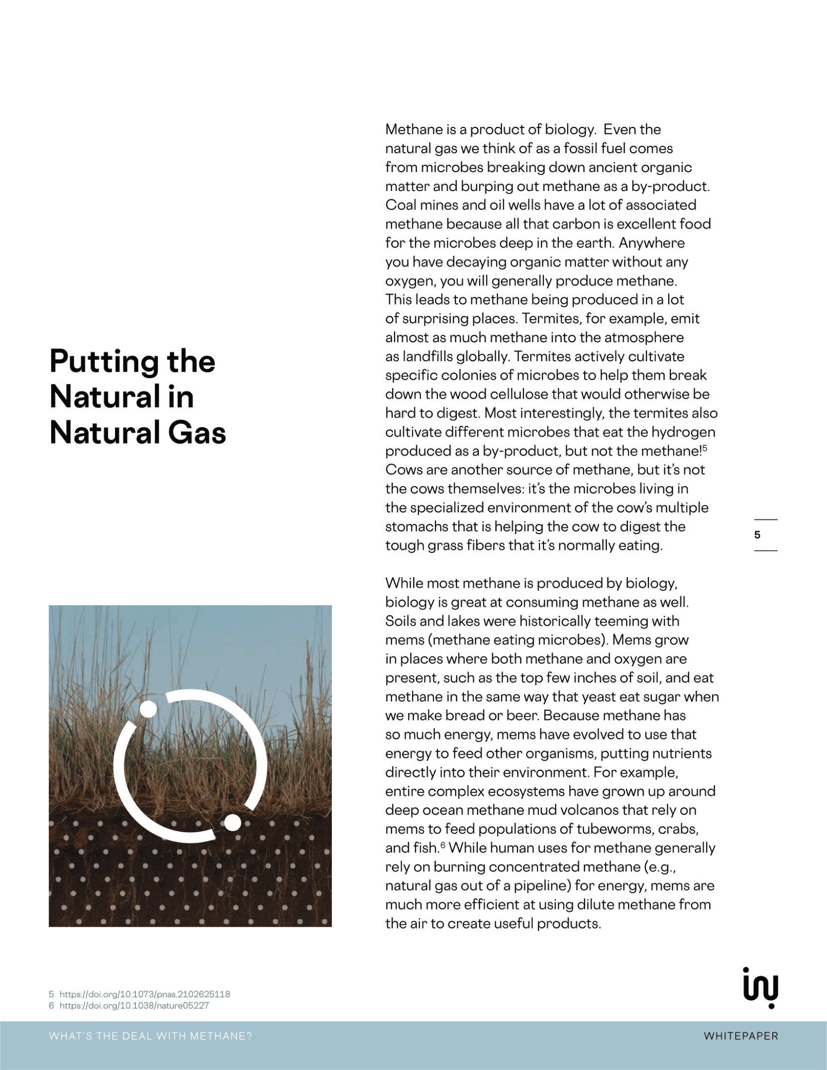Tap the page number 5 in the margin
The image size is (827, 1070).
(x=757, y=535)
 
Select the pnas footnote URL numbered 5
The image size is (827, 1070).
(x=144, y=994)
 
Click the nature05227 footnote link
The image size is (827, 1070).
(x=134, y=1005)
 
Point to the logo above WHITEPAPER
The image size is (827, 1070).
(x=760, y=987)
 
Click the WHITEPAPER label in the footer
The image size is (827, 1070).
(x=740, y=1036)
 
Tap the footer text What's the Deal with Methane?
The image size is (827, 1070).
(x=150, y=1036)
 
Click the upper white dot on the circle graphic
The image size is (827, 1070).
(x=148, y=709)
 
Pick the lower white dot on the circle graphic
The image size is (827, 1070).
(x=232, y=822)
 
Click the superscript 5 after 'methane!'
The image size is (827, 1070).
(x=705, y=448)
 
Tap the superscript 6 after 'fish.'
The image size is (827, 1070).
(x=442, y=845)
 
